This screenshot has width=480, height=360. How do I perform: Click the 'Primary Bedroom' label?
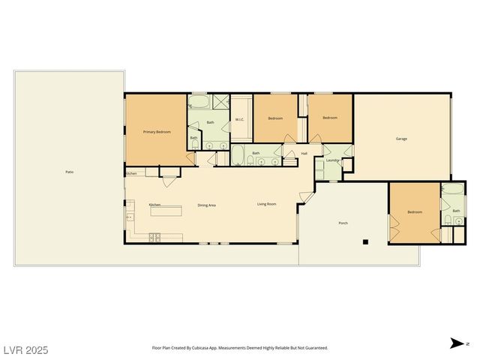157,132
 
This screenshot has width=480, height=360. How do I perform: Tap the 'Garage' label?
402,139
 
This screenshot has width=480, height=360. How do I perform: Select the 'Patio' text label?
69,172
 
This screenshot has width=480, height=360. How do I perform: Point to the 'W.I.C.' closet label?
240,119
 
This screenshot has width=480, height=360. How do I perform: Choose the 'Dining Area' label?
207,205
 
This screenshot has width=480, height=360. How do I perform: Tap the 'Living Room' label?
267,204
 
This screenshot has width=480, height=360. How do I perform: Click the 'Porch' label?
343,223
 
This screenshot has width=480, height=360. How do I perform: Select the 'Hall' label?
304,154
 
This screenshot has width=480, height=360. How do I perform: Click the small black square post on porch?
365,241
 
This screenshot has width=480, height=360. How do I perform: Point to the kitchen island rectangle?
166,211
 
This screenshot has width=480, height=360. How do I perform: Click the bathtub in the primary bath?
199,102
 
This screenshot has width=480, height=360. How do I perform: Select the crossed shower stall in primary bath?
220,103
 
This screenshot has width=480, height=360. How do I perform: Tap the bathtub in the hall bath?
238,156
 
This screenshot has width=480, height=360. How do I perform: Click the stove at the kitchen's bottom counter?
155,238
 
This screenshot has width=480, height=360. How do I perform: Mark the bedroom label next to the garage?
330,118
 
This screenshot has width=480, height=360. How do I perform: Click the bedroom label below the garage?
415,212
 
